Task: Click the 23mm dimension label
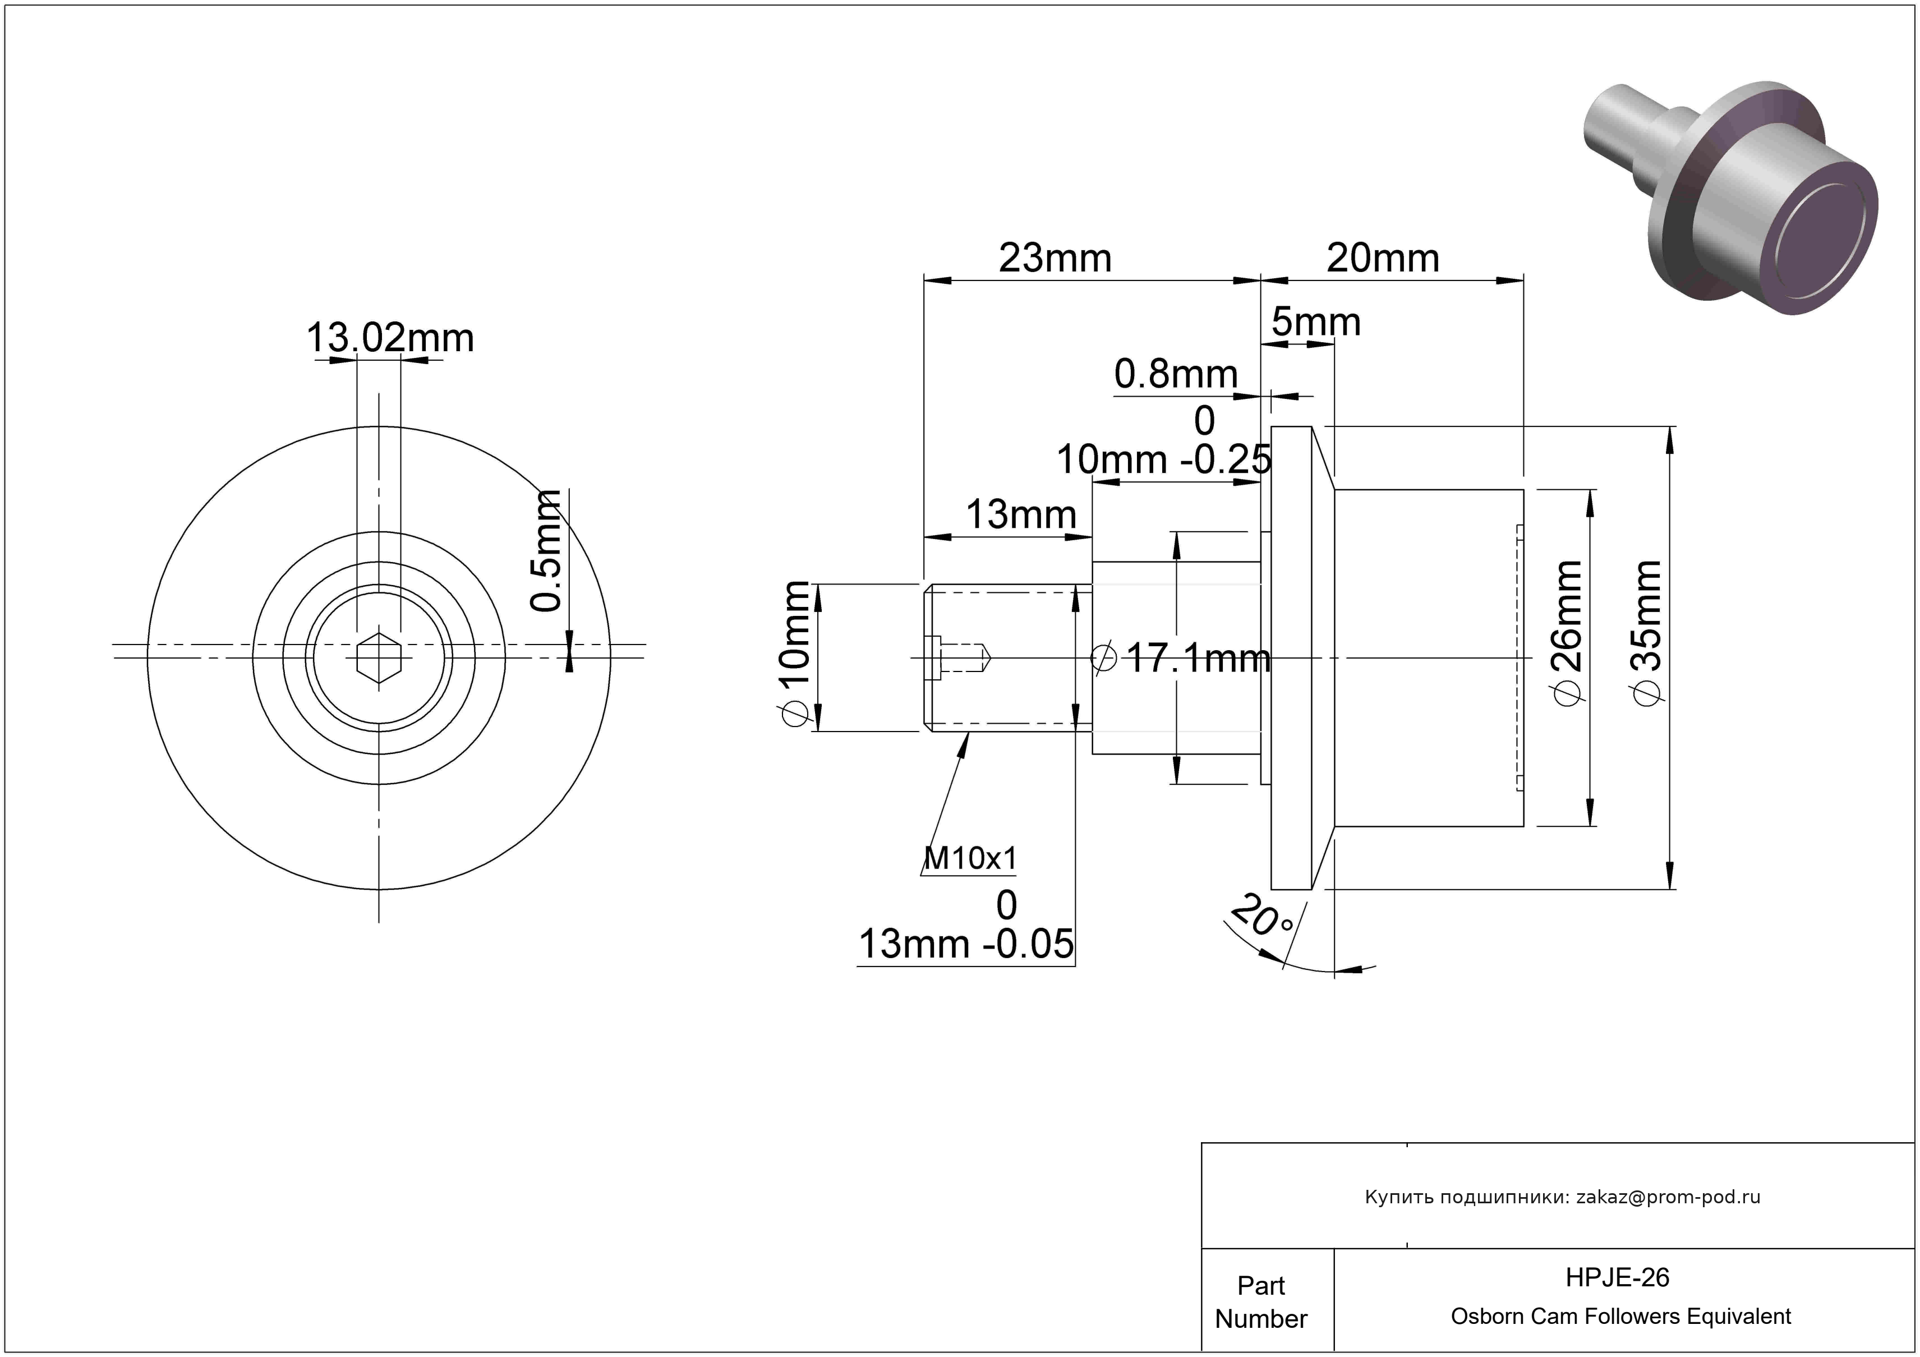1055,259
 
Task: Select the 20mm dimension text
1383,259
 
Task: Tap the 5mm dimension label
1316,322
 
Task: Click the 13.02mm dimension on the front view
390,338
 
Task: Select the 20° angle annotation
1262,916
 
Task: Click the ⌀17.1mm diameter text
1182,659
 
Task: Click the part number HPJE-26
1617,1277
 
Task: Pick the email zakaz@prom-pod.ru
1668,1197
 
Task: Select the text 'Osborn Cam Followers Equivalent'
1620,1317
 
